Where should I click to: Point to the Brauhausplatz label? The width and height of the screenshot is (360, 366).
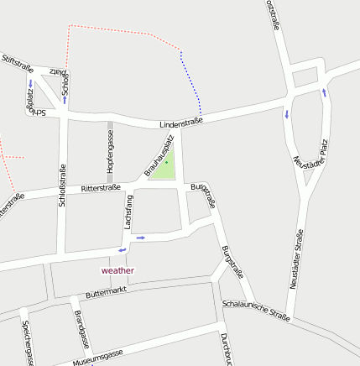tap(159, 155)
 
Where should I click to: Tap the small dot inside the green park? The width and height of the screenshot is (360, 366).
tap(166, 161)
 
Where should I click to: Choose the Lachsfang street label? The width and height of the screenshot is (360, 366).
tap(128, 212)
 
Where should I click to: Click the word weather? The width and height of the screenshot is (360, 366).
tap(117, 270)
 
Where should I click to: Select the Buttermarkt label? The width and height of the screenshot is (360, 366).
tap(106, 291)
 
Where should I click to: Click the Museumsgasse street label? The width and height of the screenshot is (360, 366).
tap(97, 357)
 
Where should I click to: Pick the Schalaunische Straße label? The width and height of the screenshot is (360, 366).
tap(256, 311)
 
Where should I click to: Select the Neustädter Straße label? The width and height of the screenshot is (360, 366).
tap(296, 259)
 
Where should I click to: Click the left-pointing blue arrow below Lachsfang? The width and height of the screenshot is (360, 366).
tap(123, 249)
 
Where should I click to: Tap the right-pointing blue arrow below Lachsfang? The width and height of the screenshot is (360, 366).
tap(140, 238)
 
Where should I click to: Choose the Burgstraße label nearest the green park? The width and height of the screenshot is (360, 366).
tap(204, 195)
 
